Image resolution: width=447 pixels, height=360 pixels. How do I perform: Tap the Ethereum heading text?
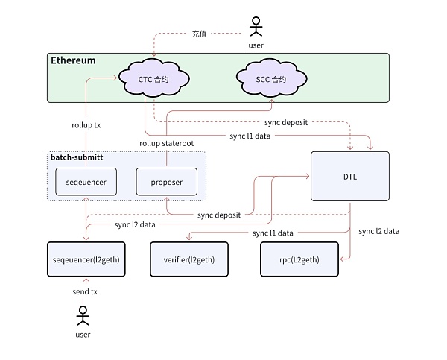tap(73, 60)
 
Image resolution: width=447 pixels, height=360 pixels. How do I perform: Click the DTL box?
tap(349, 176)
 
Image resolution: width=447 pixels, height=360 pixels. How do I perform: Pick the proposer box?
tap(165, 182)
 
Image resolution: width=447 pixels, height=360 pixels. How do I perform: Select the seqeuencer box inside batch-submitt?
tap(86, 182)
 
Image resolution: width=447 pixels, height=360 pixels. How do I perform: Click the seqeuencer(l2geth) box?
tap(85, 259)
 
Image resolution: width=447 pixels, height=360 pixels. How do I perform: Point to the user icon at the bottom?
tap(83, 319)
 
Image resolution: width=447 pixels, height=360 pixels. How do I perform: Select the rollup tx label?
tap(86, 125)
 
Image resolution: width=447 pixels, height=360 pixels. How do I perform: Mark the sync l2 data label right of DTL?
tap(378, 231)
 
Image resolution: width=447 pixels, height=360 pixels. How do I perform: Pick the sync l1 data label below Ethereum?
tap(250, 136)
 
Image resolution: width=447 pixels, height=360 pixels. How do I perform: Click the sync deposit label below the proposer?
tap(218, 215)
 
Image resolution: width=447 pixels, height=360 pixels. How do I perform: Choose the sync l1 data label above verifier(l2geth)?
tap(273, 233)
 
